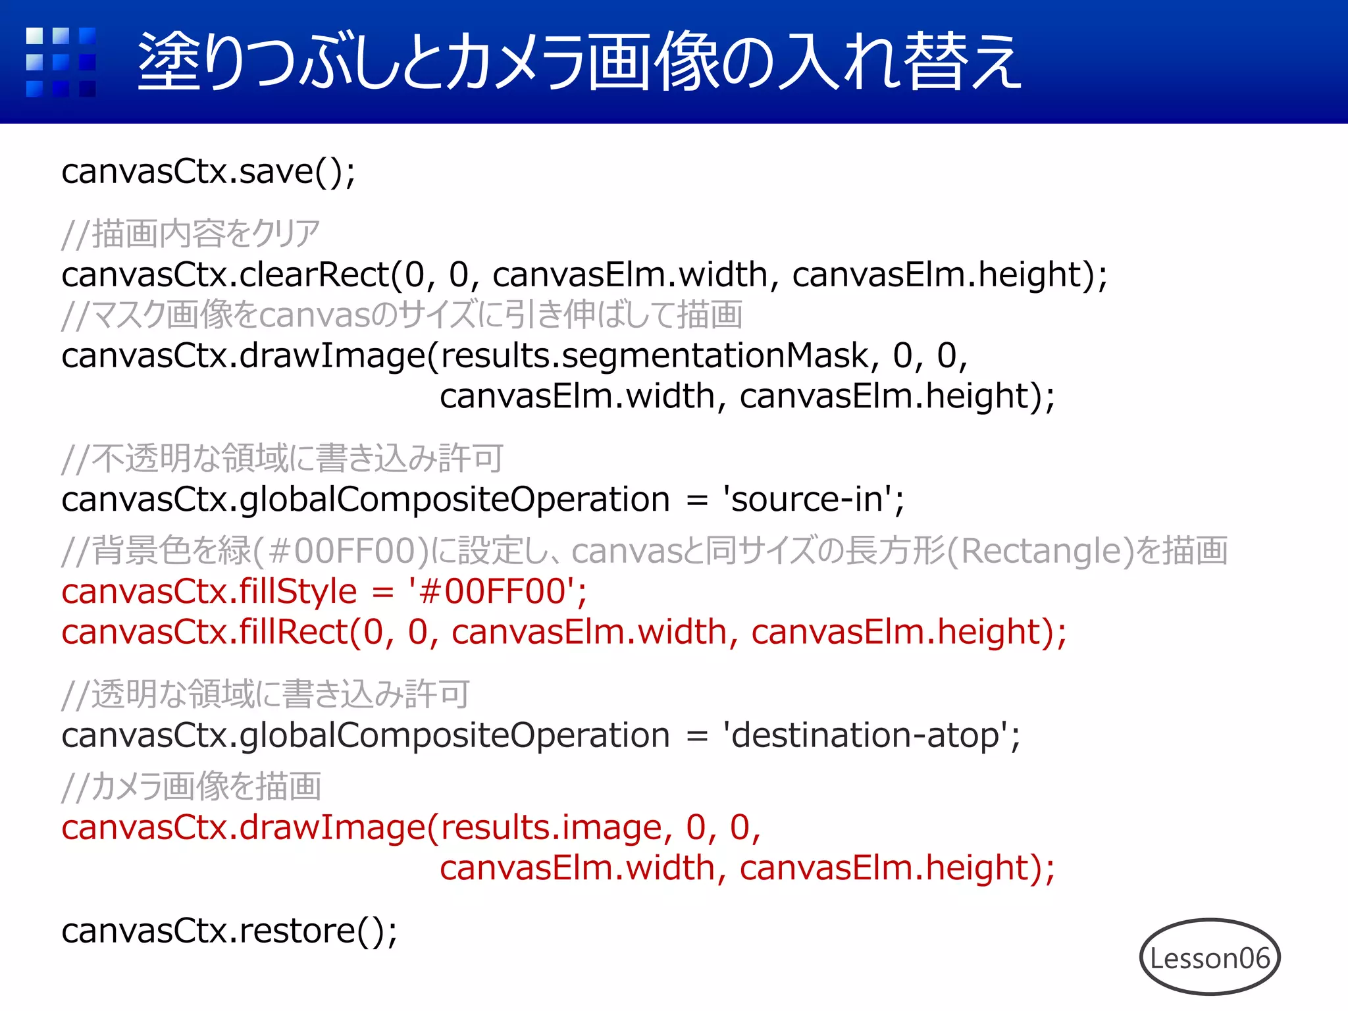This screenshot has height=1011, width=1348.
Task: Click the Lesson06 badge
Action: click(x=1210, y=958)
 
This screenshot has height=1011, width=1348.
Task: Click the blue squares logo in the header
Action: click(x=61, y=62)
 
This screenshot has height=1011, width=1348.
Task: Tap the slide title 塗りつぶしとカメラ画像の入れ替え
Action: click(x=579, y=62)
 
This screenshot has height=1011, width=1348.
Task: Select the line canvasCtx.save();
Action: click(x=209, y=172)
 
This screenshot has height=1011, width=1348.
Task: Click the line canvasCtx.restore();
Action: click(x=229, y=931)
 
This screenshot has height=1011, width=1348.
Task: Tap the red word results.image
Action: click(x=552, y=827)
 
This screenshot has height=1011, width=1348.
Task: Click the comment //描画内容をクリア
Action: click(x=191, y=234)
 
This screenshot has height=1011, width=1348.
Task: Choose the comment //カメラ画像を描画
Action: click(x=191, y=787)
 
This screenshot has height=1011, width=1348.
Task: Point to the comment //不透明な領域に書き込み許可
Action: click(x=283, y=458)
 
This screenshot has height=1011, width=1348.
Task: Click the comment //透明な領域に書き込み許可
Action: click(x=266, y=694)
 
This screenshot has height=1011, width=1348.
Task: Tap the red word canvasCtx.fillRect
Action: click(x=205, y=632)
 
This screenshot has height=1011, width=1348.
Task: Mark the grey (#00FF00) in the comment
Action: click(x=343, y=551)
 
